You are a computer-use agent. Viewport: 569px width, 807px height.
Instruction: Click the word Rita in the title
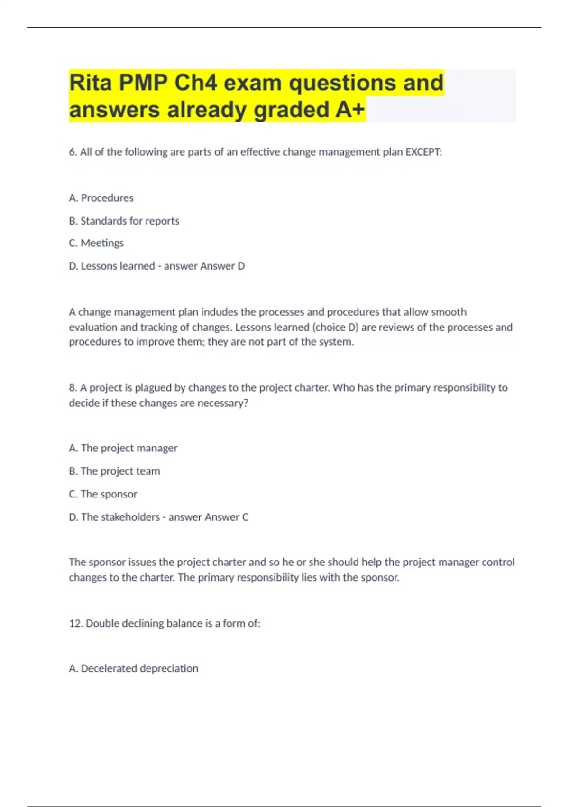[90, 83]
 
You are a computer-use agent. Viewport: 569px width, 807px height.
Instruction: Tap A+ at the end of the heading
[350, 110]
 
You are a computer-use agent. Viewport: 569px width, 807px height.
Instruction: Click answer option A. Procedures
[101, 198]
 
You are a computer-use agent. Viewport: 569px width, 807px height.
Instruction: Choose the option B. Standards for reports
[124, 221]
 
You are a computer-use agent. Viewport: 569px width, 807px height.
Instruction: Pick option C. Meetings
[96, 243]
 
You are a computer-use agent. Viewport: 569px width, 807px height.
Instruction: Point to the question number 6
[73, 152]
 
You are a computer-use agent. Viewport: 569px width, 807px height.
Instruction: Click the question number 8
[73, 388]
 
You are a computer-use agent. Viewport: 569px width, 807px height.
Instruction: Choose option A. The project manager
[123, 448]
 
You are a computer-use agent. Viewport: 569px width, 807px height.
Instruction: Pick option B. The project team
[114, 471]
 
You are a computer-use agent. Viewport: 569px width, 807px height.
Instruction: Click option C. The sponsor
[103, 494]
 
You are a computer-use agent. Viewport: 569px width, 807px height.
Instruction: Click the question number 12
[76, 623]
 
